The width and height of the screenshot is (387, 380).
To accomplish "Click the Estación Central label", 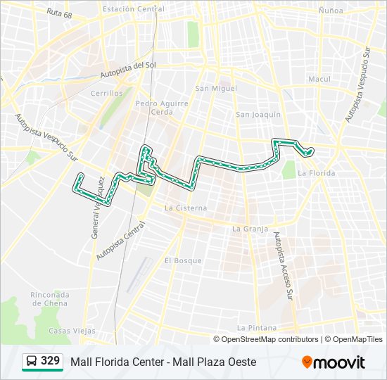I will click(134, 9).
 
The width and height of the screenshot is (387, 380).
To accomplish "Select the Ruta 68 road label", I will click(59, 13).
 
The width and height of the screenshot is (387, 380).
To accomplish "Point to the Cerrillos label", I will click(106, 93).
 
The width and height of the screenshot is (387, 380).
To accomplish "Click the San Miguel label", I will click(216, 89).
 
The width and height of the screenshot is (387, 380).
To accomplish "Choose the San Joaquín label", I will click(258, 114).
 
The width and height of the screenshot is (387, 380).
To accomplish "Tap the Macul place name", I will click(319, 79).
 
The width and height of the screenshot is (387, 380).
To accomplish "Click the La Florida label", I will click(316, 172).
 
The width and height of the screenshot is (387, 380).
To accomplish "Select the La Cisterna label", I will click(186, 208).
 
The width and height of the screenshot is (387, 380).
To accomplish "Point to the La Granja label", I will click(250, 229).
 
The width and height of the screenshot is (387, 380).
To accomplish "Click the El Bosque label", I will click(183, 260).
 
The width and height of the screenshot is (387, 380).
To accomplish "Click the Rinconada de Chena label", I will click(49, 298).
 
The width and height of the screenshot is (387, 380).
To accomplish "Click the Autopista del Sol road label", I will click(127, 70).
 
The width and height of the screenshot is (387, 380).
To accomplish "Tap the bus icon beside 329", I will click(32, 362).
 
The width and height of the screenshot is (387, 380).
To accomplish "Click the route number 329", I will click(51, 361).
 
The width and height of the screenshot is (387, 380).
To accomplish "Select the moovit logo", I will click(334, 362).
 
